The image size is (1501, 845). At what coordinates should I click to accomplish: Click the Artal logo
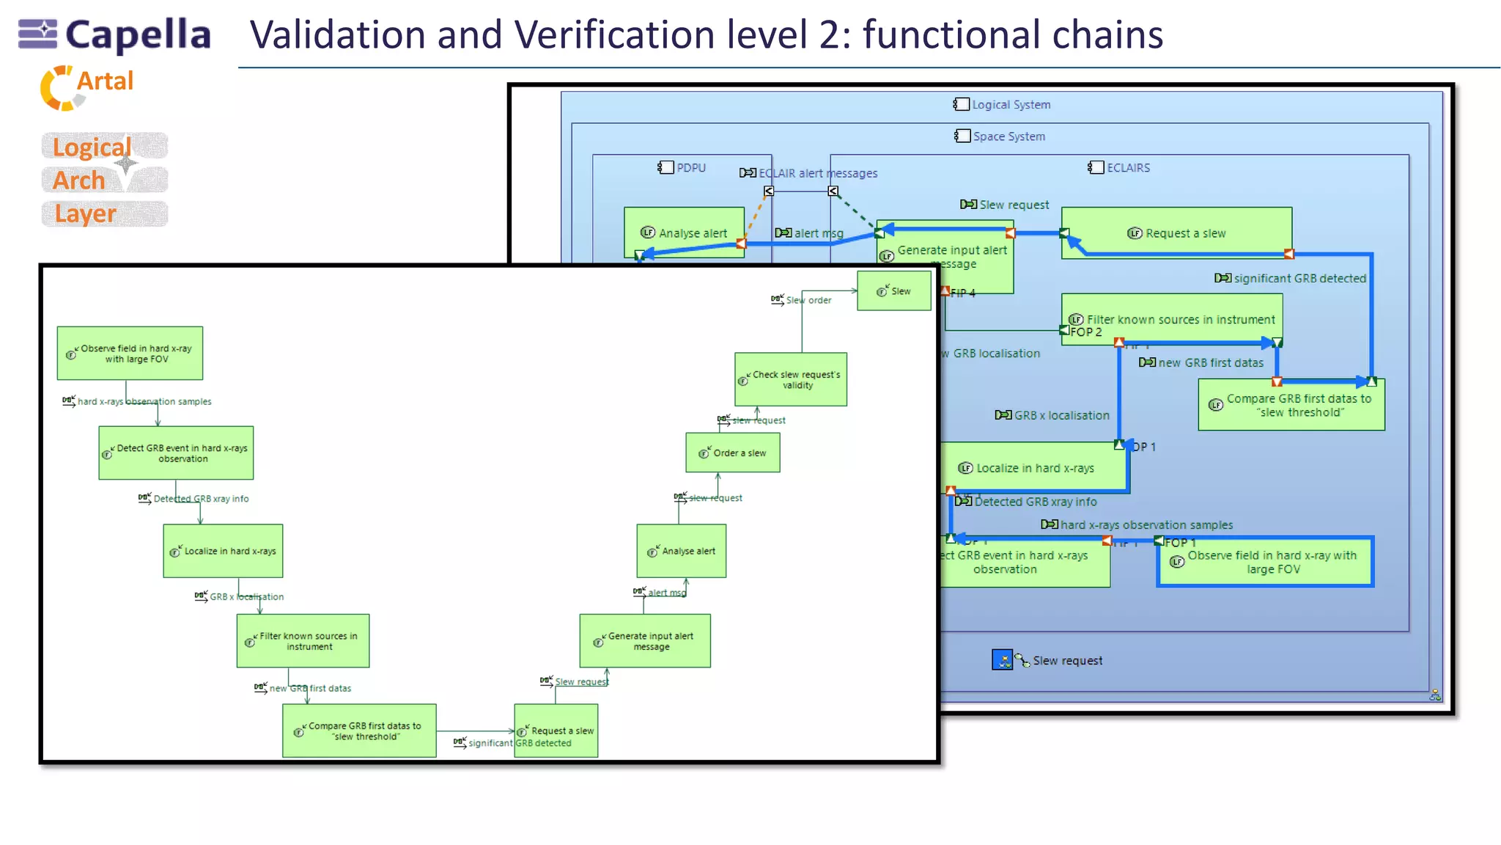(87, 87)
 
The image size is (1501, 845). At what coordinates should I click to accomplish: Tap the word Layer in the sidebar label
(86, 213)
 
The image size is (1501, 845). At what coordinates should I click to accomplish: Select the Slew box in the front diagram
(893, 291)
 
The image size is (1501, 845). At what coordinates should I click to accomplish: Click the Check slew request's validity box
(791, 379)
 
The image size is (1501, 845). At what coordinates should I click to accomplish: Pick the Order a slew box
(732, 453)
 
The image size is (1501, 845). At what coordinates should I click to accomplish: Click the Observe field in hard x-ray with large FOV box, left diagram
(130, 354)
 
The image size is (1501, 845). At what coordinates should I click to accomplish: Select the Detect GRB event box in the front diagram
(176, 453)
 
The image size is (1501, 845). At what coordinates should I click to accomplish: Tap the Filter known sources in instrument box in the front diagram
(303, 641)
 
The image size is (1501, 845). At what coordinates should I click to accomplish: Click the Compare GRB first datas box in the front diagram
(359, 731)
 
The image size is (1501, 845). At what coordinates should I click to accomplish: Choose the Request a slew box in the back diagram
(1176, 233)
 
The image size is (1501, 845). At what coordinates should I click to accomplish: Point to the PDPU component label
(682, 168)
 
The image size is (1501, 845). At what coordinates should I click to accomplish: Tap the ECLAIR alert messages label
(809, 173)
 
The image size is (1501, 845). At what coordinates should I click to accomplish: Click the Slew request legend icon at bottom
(1002, 659)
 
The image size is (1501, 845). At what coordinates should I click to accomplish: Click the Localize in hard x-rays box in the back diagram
(1034, 468)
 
